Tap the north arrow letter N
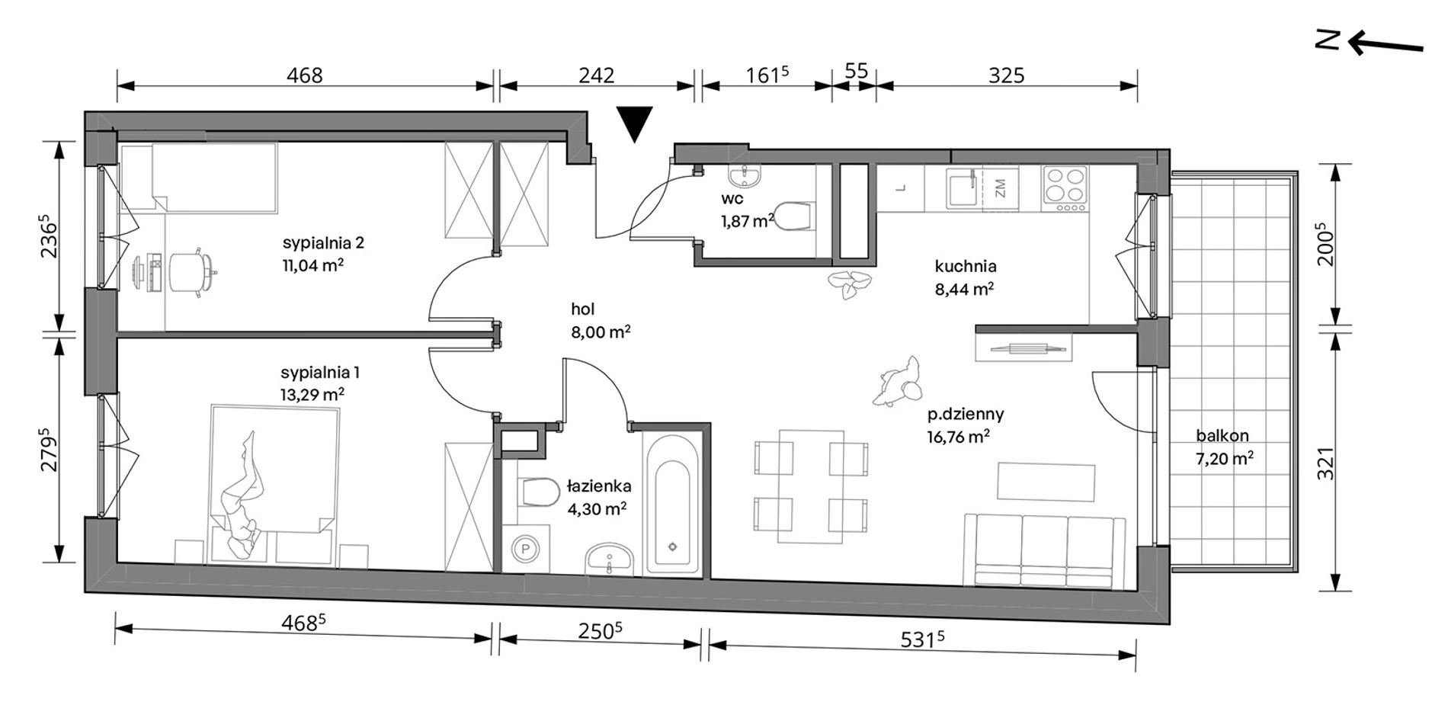pyautogui.click(x=1330, y=40)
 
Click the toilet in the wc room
pyautogui.click(x=793, y=216)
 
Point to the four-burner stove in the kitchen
pyautogui.click(x=1065, y=187)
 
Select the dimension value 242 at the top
pyautogui.click(x=596, y=75)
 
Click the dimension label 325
pyautogui.click(x=1006, y=75)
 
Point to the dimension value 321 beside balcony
pyautogui.click(x=1327, y=463)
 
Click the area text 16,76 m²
pyautogui.click(x=959, y=437)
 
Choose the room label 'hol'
pyautogui.click(x=583, y=309)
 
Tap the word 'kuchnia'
pyautogui.click(x=966, y=267)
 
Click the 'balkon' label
pyautogui.click(x=1222, y=436)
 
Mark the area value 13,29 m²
pyautogui.click(x=312, y=395)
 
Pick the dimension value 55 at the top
pyautogui.click(x=857, y=71)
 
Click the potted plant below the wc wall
pyautogui.click(x=848, y=284)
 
